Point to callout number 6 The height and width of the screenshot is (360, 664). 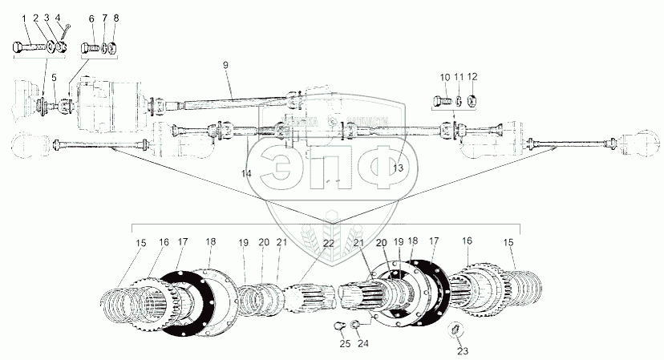point(91,17)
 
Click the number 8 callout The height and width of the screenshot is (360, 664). point(116,17)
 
